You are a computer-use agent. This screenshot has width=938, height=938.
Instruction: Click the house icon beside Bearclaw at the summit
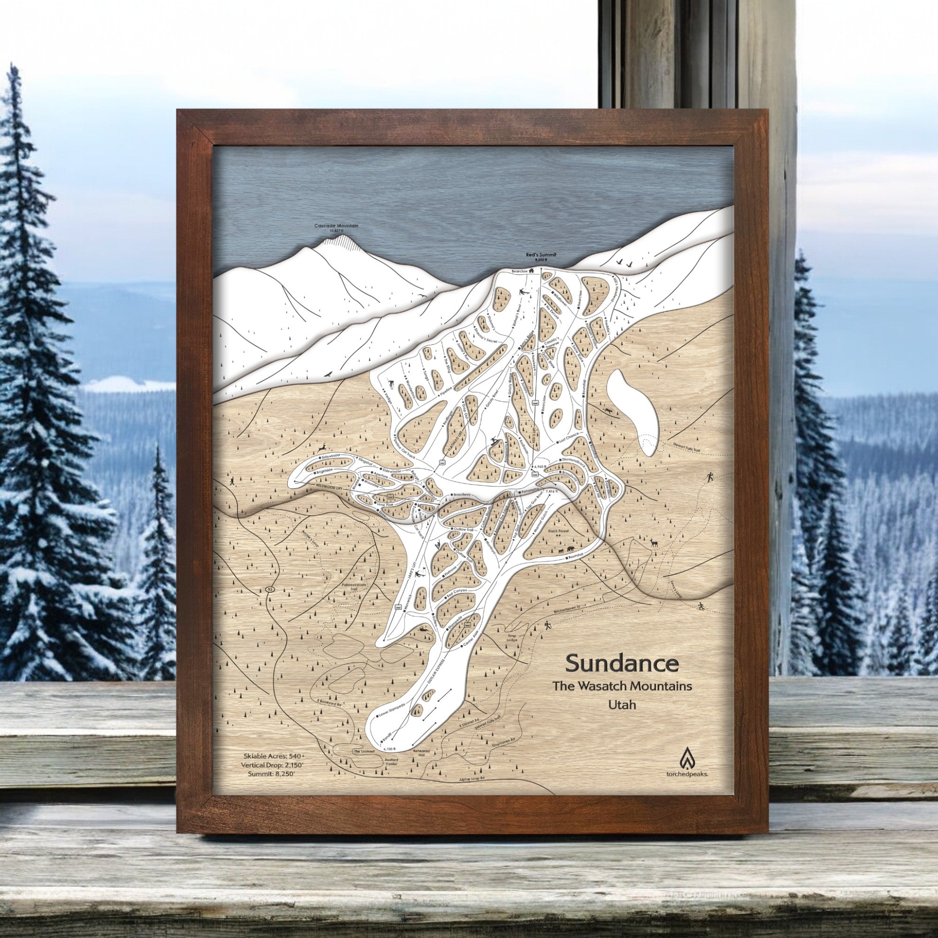[532, 270]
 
